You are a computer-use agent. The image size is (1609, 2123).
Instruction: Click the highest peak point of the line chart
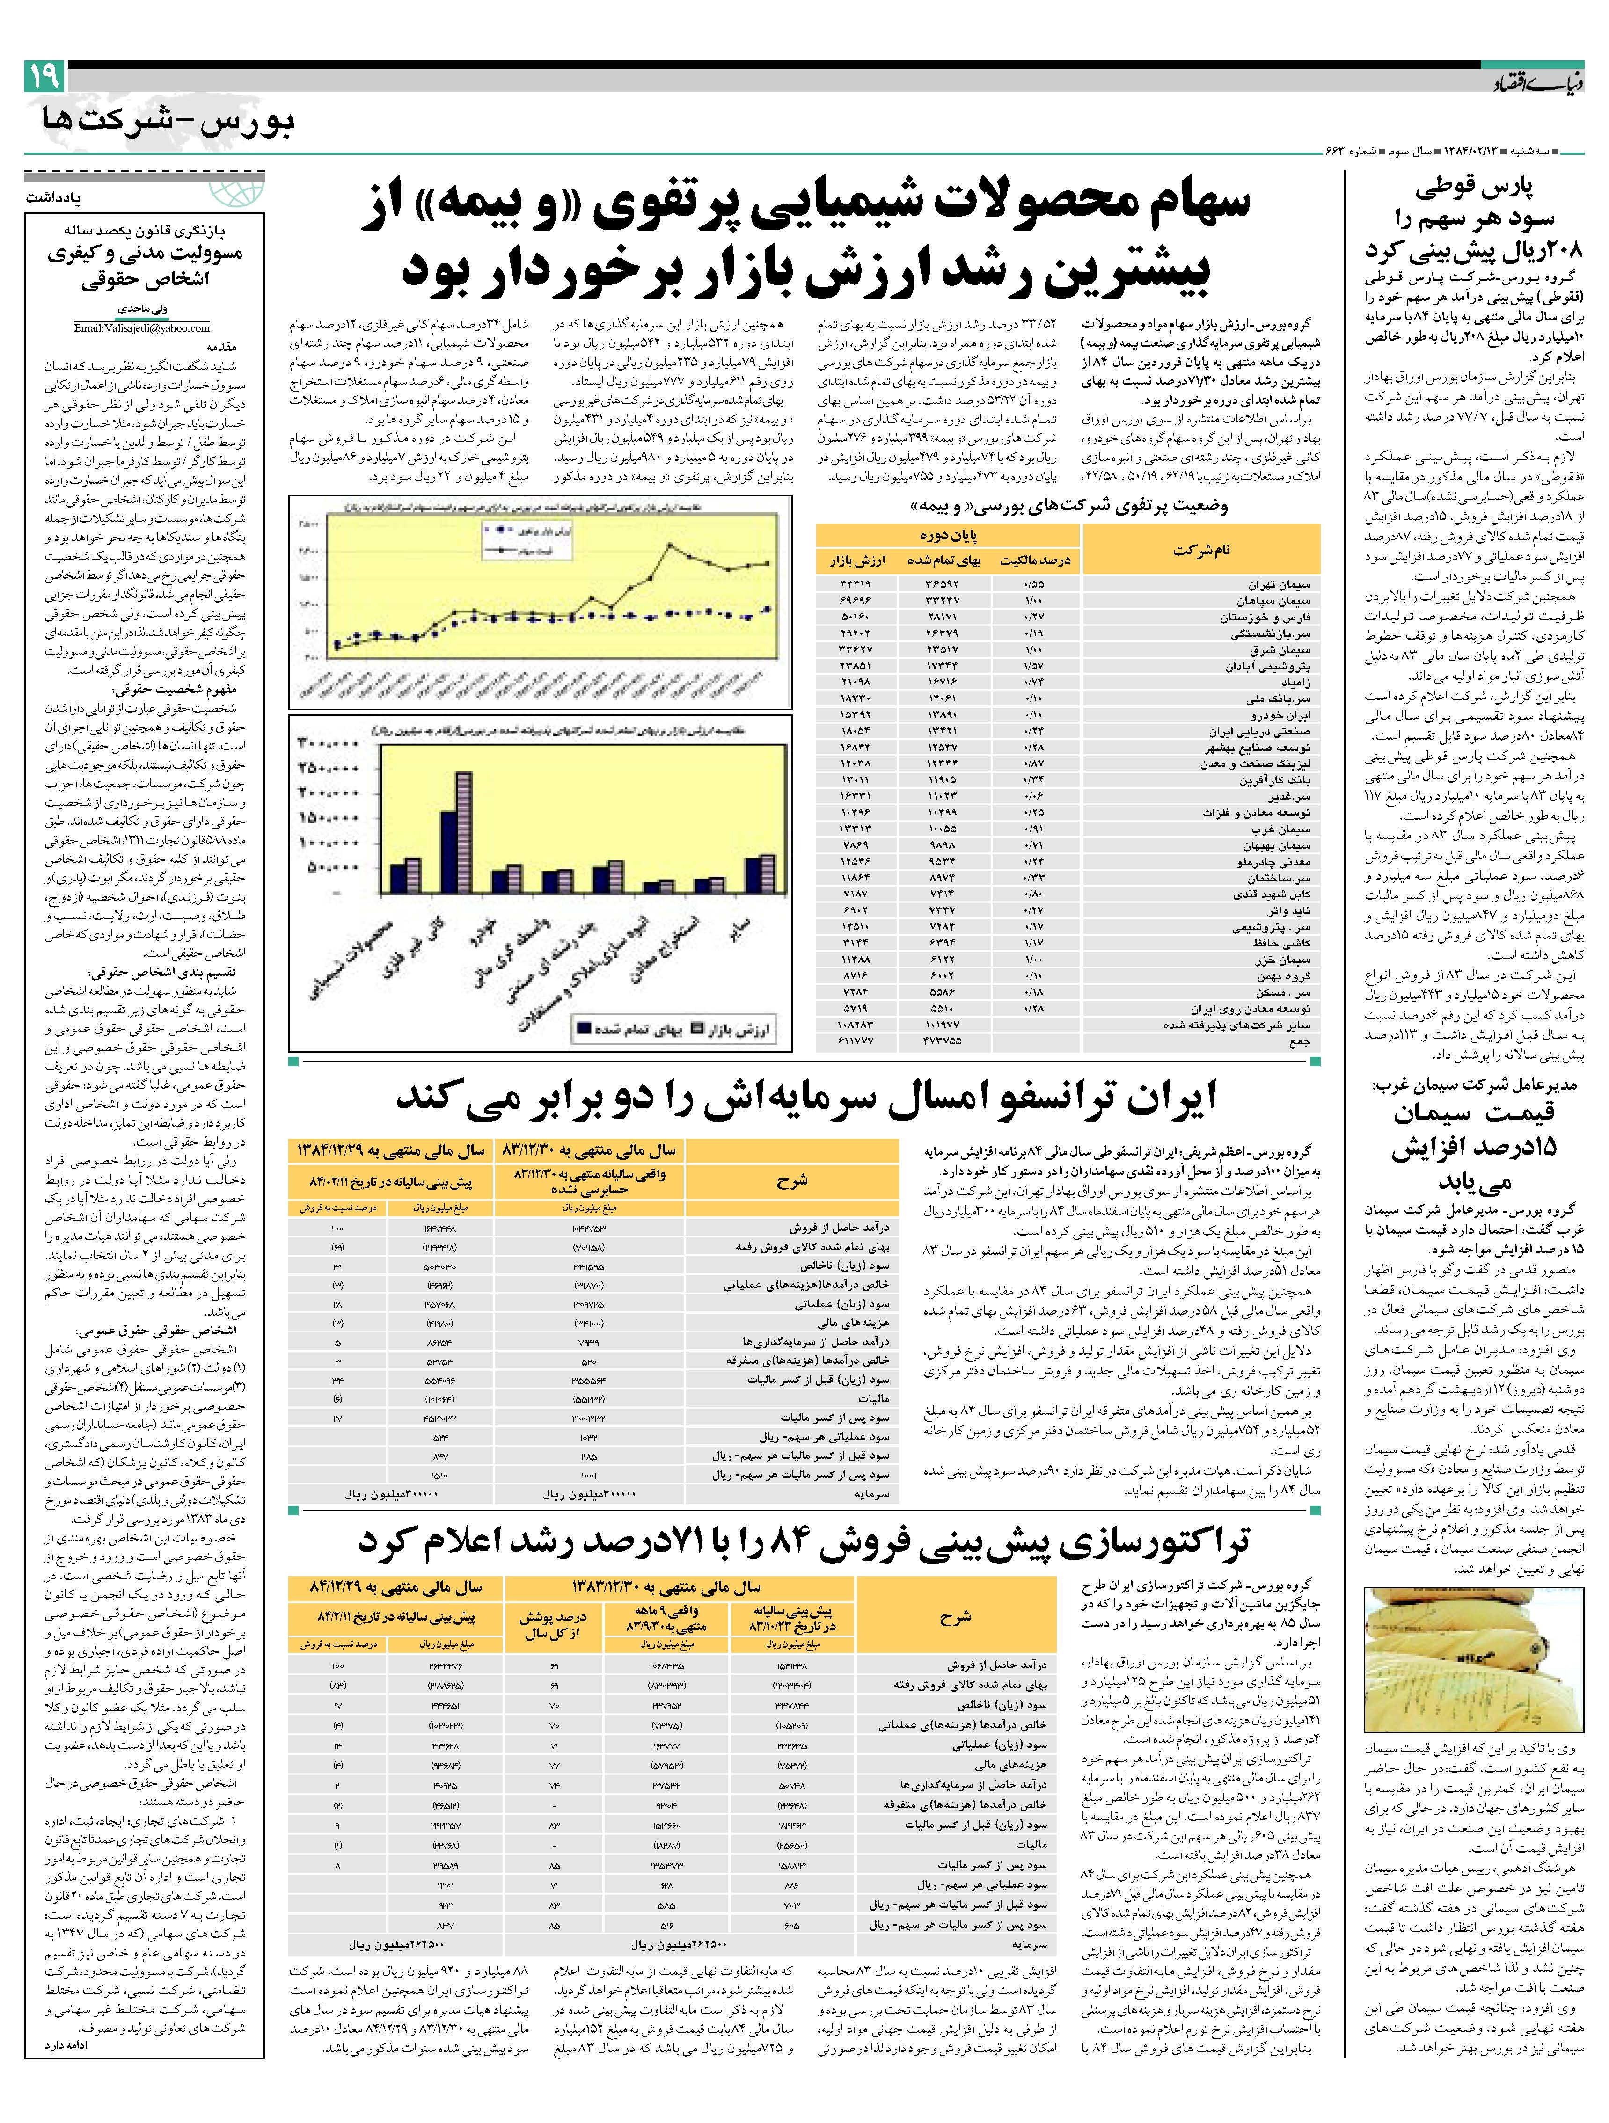click(669, 546)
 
